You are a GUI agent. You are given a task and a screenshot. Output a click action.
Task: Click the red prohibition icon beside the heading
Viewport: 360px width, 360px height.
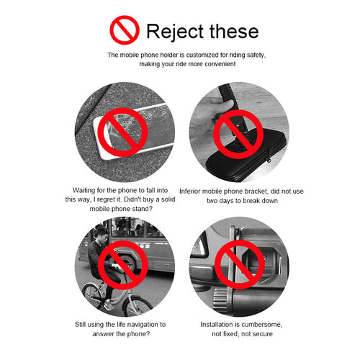(x=125, y=30)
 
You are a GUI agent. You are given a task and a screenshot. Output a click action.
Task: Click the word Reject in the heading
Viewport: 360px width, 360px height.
(x=175, y=32)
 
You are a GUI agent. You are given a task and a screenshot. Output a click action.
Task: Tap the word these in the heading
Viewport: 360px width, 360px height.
(x=234, y=31)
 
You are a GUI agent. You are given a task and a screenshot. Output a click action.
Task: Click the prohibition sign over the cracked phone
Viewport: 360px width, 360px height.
(x=122, y=132)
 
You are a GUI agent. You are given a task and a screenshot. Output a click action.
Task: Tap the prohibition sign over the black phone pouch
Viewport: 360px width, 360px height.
(x=238, y=134)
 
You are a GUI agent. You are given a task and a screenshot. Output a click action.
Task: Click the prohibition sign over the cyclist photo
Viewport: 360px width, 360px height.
(x=123, y=265)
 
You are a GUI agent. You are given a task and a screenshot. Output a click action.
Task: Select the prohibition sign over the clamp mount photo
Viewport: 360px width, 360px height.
(x=240, y=264)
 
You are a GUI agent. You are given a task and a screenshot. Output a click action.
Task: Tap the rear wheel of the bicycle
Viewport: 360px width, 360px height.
(x=93, y=296)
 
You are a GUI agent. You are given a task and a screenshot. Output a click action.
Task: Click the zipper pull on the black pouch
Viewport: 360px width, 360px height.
(x=270, y=159)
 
